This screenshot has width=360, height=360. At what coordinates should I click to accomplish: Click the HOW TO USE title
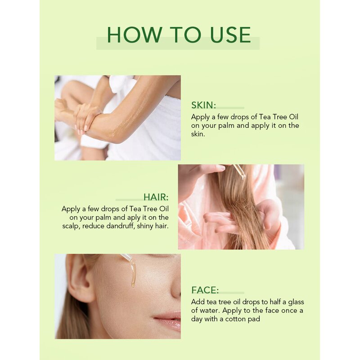[x=179, y=35]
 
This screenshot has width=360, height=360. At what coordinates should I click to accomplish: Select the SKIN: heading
[x=204, y=105]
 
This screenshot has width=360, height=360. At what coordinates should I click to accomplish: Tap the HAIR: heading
[x=156, y=197]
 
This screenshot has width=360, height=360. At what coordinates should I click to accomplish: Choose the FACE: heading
[x=205, y=290]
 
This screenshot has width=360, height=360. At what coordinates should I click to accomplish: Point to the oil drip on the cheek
[x=133, y=276]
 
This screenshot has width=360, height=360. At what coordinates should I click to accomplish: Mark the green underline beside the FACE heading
[x=231, y=292]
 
